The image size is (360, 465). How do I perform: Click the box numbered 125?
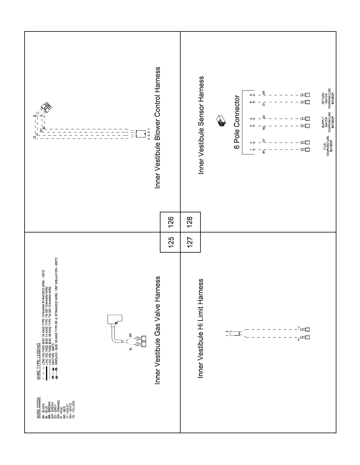pos(170,242)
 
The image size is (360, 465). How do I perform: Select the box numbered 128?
pos(190,222)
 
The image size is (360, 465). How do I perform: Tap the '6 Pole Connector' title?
pos(237,123)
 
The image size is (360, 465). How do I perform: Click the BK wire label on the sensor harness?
pos(264,152)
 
